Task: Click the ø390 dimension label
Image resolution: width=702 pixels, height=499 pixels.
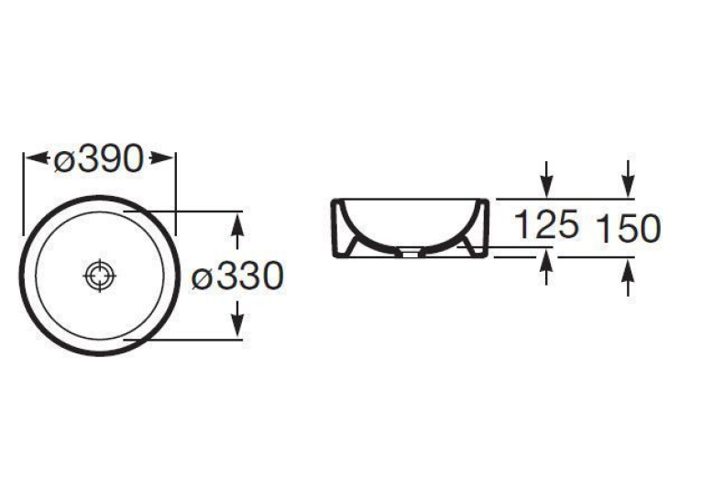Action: coord(98,159)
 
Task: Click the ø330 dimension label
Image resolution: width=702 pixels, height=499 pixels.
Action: coord(237,276)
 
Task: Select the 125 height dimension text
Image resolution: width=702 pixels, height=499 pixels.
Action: coord(546,224)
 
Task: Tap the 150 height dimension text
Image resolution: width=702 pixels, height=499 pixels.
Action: coord(629,229)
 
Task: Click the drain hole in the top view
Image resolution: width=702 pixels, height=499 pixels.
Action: coord(100,276)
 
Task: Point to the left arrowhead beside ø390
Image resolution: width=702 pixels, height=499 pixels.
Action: coord(37,158)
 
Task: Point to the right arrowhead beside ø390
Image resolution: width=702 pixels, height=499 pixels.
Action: coord(161,158)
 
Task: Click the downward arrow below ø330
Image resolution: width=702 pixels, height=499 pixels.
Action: coord(237,320)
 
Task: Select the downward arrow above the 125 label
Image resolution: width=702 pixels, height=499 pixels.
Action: coord(546,179)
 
